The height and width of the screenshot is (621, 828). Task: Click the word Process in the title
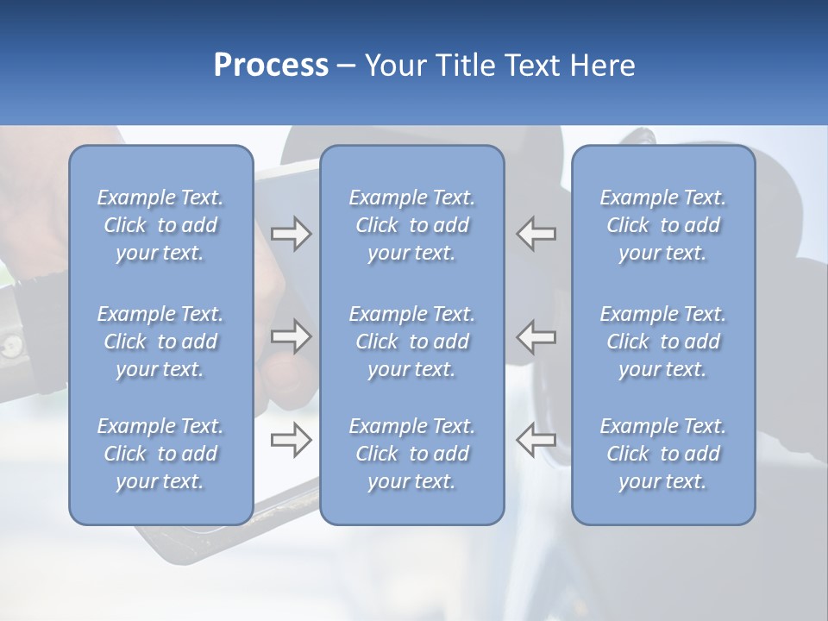(271, 65)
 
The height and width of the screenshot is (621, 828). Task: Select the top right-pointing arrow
(291, 234)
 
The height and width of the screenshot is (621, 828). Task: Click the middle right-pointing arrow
(291, 336)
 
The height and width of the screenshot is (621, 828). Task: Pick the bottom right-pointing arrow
(291, 440)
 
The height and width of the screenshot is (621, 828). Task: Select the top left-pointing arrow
(536, 234)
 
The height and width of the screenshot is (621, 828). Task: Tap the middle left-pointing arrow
(536, 336)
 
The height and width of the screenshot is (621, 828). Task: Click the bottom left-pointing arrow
(536, 440)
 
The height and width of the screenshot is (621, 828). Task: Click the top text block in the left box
(160, 225)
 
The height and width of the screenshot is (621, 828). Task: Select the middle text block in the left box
(160, 342)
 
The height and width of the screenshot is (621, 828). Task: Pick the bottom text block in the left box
(160, 454)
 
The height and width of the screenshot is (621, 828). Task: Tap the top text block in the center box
(411, 225)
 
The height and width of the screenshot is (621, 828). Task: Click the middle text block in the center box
(411, 342)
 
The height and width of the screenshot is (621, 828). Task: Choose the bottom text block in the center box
(411, 454)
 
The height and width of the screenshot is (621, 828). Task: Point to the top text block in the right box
(662, 225)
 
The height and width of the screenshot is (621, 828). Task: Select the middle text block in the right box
(662, 342)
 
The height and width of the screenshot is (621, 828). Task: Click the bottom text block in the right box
(662, 454)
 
